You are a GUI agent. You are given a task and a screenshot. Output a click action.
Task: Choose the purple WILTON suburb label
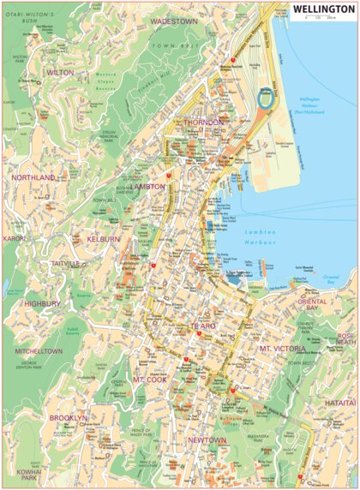tap(61, 74)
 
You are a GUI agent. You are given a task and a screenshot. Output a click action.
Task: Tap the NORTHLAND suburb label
tap(33, 177)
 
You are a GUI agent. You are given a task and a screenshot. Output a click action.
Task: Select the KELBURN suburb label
tap(103, 239)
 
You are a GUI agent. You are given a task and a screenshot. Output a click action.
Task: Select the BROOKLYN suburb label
tap(68, 417)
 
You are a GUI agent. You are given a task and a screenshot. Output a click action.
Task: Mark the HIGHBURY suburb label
tap(42, 303)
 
